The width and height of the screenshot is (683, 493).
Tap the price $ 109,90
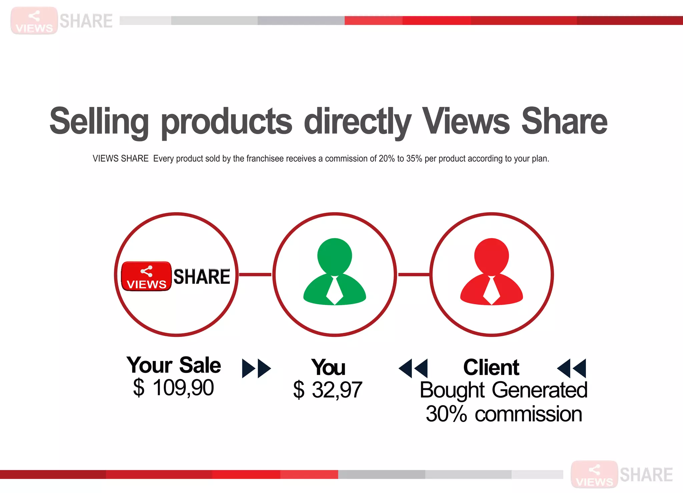point(173,388)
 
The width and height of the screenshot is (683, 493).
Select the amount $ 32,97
point(327,390)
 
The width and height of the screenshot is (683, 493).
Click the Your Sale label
point(173,365)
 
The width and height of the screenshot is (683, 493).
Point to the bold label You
point(328,367)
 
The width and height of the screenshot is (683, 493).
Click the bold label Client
point(491,367)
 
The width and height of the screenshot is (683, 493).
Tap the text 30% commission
point(504,414)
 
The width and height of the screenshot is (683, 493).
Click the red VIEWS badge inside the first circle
point(146,277)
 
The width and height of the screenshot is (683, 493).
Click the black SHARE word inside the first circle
point(202,277)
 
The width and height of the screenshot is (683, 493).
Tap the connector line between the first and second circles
point(255,275)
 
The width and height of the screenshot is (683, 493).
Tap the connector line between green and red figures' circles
point(414,275)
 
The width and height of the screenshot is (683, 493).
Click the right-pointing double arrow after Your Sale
point(256,368)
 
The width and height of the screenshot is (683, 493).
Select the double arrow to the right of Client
point(572,368)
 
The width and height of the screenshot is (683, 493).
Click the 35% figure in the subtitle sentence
point(414,158)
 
